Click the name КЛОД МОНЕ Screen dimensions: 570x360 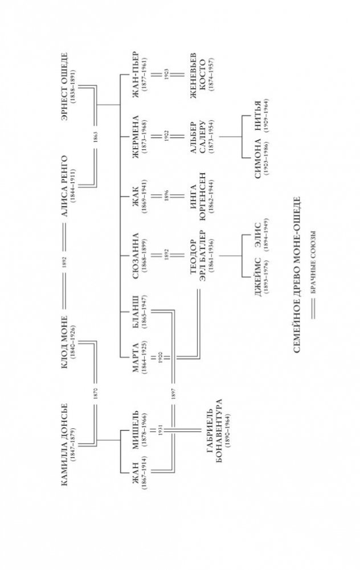tap(64, 341)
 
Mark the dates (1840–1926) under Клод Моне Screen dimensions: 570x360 tap(73, 341)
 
